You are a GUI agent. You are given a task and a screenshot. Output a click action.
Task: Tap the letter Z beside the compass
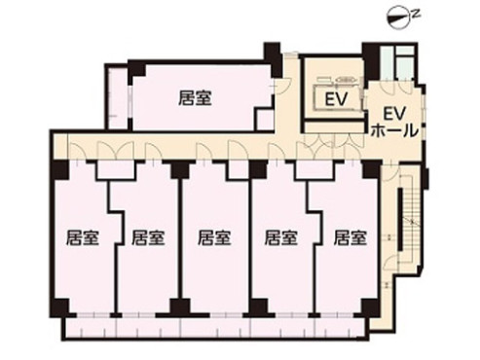point(414,14)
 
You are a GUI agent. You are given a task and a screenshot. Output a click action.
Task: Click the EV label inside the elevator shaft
point(337,100)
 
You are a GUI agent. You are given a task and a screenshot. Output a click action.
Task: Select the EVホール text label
point(394,120)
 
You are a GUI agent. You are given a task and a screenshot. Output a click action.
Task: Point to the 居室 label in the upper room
point(196,97)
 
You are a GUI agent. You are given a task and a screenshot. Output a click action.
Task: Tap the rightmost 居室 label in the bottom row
point(349,236)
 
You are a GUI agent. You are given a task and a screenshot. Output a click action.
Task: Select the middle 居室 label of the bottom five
point(213,236)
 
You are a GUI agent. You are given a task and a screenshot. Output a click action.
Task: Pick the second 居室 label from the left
point(147,236)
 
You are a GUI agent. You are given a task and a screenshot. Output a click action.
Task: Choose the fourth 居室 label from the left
point(280,236)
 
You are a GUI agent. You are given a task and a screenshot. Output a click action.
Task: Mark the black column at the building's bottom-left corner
point(60,307)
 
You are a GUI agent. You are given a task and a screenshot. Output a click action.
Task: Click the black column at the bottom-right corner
point(370,306)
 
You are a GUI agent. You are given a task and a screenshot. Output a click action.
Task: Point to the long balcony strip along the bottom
point(214,328)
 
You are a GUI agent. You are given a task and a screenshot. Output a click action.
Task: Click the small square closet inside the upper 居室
point(264,119)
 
